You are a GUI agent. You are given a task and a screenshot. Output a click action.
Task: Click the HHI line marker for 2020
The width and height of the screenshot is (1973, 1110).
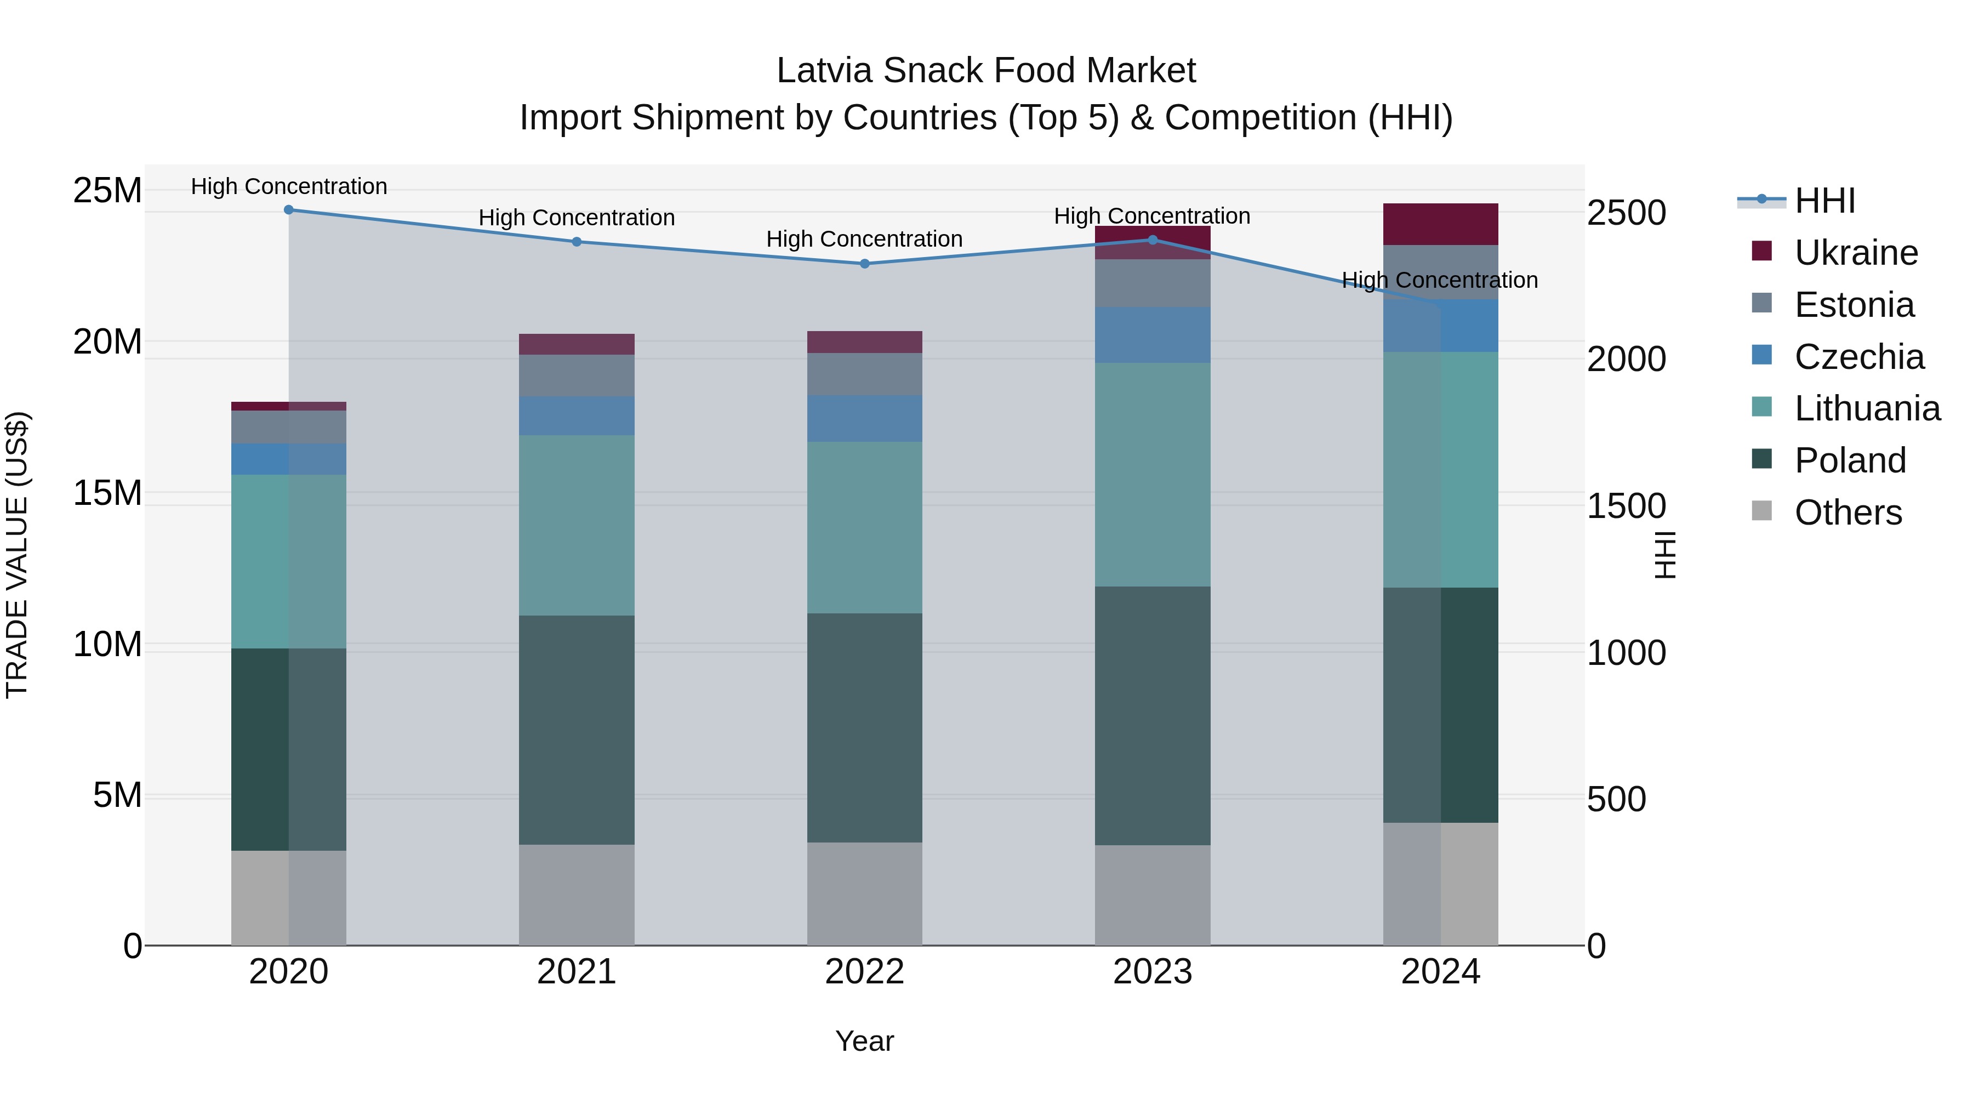click(289, 210)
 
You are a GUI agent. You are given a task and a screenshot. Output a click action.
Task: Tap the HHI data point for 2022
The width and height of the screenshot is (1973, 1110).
click(865, 264)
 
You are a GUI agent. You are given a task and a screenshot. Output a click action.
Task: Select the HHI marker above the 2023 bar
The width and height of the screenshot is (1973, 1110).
click(1153, 240)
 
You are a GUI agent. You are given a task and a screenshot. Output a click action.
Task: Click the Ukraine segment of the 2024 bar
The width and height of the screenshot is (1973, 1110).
click(1441, 224)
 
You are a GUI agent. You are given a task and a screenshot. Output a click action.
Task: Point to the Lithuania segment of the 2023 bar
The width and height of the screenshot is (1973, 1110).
click(1153, 475)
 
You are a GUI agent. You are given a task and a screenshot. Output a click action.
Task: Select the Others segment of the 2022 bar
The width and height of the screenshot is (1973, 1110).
click(865, 893)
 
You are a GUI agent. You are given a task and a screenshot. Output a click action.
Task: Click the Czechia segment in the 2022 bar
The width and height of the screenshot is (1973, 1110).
click(865, 418)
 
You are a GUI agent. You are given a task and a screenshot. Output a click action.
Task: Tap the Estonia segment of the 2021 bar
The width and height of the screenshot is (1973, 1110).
click(577, 375)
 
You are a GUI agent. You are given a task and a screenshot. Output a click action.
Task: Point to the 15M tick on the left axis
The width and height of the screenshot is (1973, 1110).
click(107, 493)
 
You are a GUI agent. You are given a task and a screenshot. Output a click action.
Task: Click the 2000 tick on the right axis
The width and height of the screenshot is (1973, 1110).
click(1626, 358)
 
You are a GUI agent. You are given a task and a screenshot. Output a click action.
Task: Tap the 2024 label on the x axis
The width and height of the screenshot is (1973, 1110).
click(1441, 972)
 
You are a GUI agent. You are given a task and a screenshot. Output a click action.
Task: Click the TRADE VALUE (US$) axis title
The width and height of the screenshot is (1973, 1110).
click(17, 555)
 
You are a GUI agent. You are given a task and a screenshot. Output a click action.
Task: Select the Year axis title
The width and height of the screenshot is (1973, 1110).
click(865, 1041)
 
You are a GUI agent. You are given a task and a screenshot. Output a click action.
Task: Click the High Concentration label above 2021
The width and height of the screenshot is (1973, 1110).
click(577, 218)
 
